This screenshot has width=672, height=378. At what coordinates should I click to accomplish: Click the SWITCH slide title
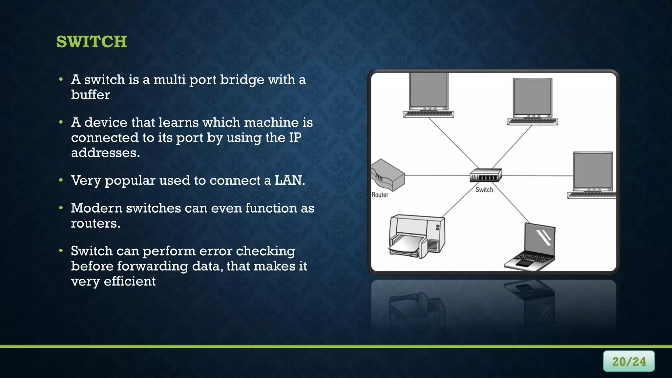click(x=92, y=42)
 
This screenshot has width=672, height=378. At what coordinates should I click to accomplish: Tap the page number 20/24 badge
click(x=629, y=361)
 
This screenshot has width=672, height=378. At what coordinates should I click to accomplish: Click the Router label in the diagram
click(x=380, y=195)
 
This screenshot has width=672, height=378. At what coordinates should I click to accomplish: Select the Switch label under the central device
click(x=484, y=190)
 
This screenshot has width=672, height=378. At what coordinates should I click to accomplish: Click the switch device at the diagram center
click(x=486, y=175)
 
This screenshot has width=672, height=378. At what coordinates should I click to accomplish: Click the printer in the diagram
click(x=417, y=236)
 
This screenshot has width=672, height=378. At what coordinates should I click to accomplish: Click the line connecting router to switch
click(x=436, y=176)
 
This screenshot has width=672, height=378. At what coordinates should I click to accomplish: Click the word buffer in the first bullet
click(x=91, y=95)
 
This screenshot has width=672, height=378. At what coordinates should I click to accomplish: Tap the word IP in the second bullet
click(x=295, y=137)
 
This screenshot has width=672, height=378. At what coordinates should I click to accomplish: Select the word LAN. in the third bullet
click(x=290, y=180)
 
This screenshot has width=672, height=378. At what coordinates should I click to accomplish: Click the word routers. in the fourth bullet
click(x=95, y=223)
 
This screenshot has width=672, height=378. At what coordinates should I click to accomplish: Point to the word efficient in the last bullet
click(x=130, y=281)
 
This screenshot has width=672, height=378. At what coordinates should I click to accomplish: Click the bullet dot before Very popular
click(x=61, y=180)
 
